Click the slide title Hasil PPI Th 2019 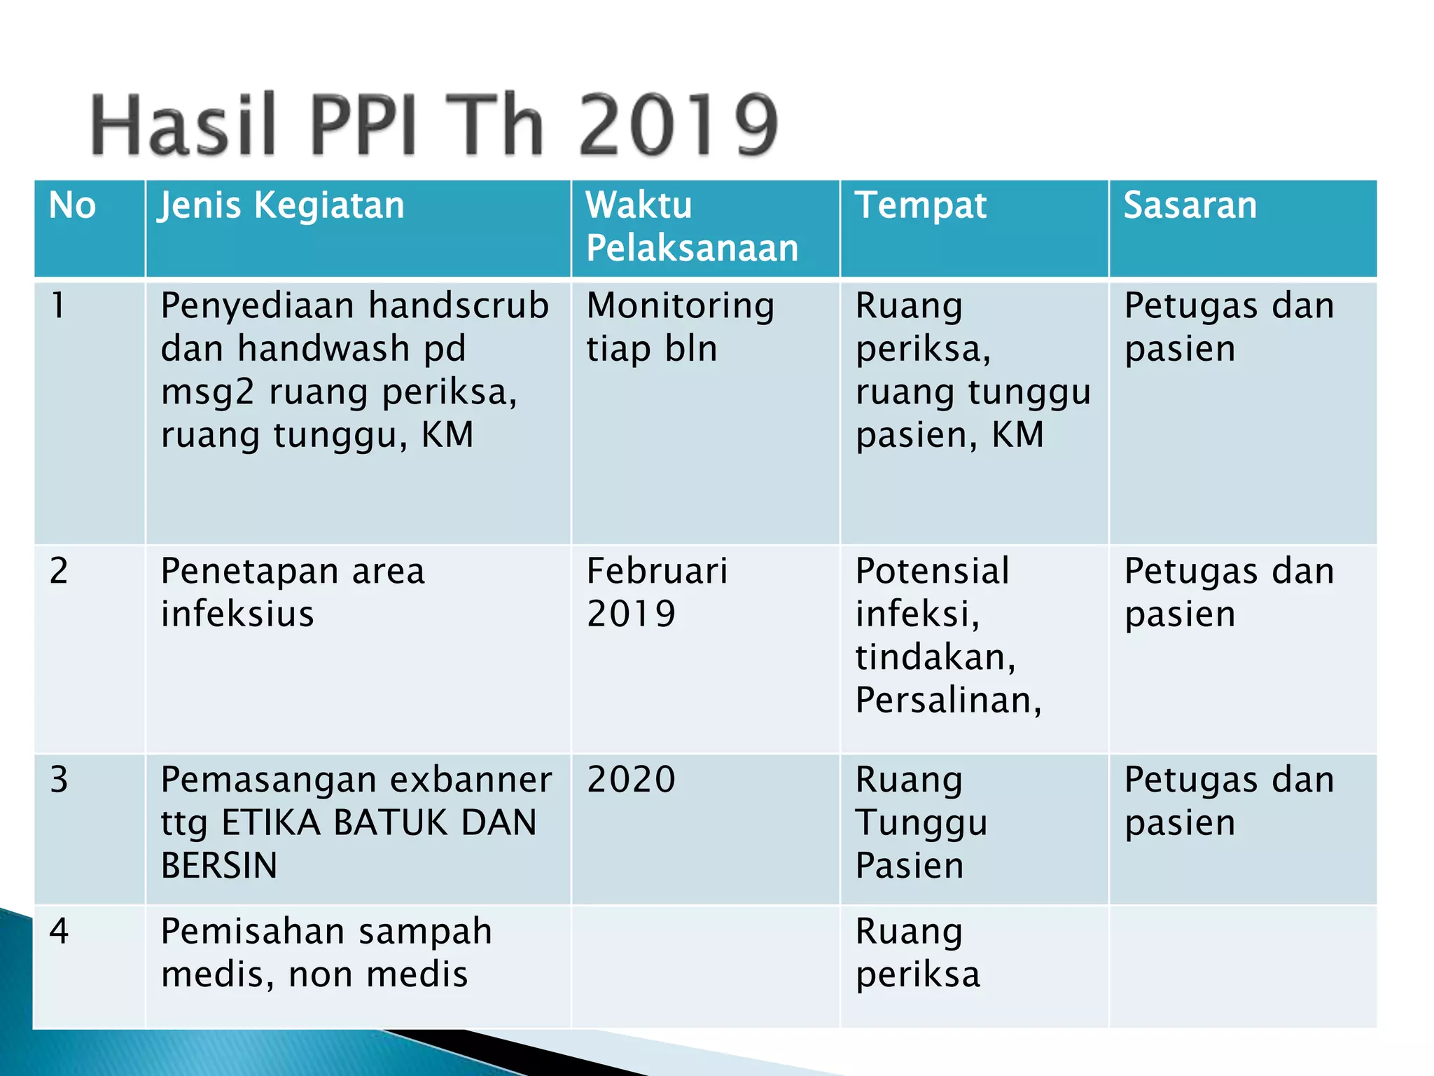coord(434,125)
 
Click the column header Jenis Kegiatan coord(282,206)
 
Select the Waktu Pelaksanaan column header coord(692,227)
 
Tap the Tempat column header coord(921,206)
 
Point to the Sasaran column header coord(1190,206)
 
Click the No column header coord(72,206)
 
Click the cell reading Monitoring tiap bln coord(681,327)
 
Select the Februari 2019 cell coord(657,593)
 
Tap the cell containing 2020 coord(632,780)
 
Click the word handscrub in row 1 coord(459,306)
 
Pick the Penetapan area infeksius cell coord(293,593)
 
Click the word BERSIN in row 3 coord(219,866)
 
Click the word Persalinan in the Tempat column coord(945,700)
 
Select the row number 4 coord(60,932)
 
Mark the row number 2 coord(60,571)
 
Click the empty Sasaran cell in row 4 coord(1243,967)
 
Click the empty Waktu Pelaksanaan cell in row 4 coord(705,967)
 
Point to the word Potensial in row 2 coord(933,571)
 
